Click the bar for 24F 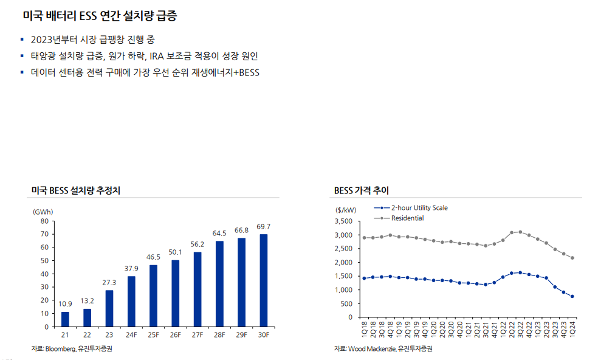[x=131, y=301]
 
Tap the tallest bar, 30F [x=263, y=280]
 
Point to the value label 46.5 [x=153, y=257]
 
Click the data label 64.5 [x=219, y=234]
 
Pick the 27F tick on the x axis [x=197, y=335]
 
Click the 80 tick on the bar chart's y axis [x=44, y=221]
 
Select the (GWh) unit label [x=43, y=212]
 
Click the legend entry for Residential [x=407, y=218]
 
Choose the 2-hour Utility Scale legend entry [x=419, y=208]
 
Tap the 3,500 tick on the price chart [x=343, y=221]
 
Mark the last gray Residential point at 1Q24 [x=572, y=258]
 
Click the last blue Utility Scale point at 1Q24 [x=572, y=297]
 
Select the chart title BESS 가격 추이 [x=362, y=190]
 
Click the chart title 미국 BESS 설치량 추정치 [x=76, y=190]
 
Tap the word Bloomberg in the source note [x=60, y=349]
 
